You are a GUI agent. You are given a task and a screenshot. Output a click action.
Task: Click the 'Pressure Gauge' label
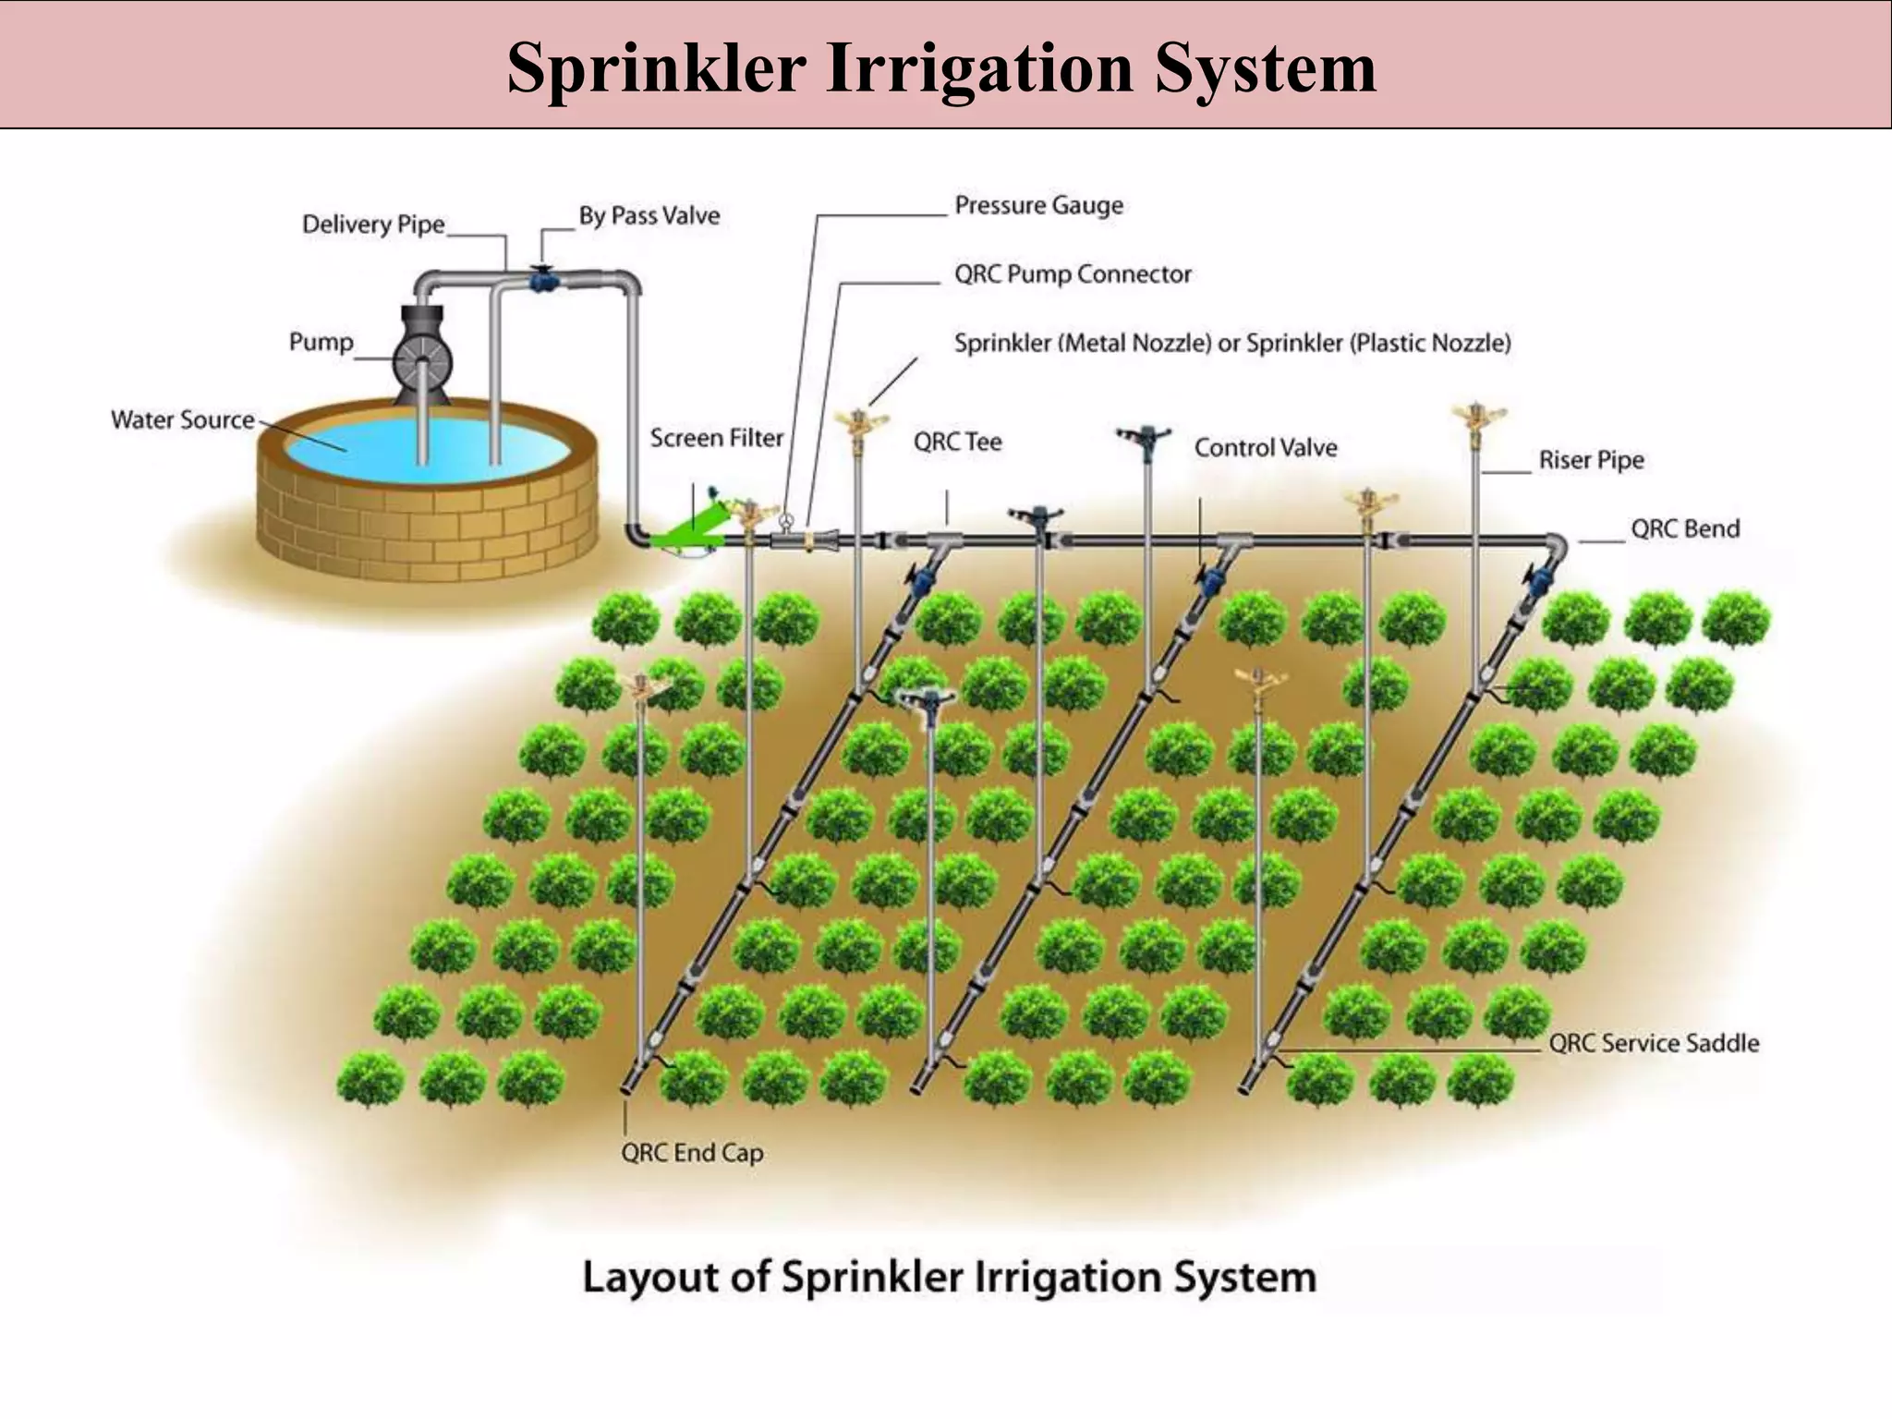[1038, 205]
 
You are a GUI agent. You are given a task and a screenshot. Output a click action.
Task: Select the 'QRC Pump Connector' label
[1072, 274]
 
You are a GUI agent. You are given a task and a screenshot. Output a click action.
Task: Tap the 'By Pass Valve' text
[649, 216]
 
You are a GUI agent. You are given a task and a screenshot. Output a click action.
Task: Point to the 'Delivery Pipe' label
[373, 224]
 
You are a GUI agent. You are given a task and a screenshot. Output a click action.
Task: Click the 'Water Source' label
[182, 420]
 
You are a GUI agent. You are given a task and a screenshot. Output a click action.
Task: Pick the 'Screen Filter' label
[716, 438]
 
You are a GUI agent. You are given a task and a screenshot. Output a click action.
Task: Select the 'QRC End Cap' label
[692, 1153]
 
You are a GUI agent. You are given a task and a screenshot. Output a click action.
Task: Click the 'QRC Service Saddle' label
[1654, 1043]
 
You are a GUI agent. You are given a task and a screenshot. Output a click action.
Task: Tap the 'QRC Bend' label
[1684, 529]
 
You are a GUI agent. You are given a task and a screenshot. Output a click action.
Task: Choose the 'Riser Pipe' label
[1591, 460]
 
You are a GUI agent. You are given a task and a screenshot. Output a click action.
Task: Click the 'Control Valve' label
[1265, 448]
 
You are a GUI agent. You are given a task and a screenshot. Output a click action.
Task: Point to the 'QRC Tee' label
[957, 443]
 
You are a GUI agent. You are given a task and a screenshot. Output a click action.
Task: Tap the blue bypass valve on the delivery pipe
[542, 278]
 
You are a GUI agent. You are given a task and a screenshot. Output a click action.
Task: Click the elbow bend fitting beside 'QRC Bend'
[1557, 545]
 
